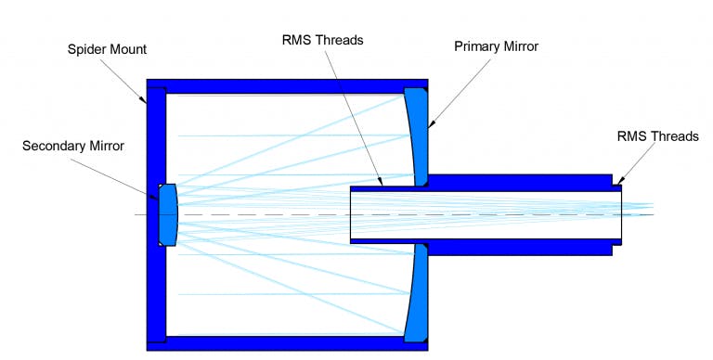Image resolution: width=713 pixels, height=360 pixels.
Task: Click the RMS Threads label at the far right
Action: [x=657, y=136]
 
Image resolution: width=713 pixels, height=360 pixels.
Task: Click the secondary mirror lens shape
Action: [x=168, y=214]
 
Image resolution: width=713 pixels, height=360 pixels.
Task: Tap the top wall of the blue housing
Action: [x=288, y=84]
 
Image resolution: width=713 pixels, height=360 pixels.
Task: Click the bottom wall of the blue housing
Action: [x=288, y=343]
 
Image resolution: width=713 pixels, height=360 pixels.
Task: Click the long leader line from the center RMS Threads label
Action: [x=358, y=117]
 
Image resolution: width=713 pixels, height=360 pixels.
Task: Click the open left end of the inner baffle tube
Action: [x=351, y=214]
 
